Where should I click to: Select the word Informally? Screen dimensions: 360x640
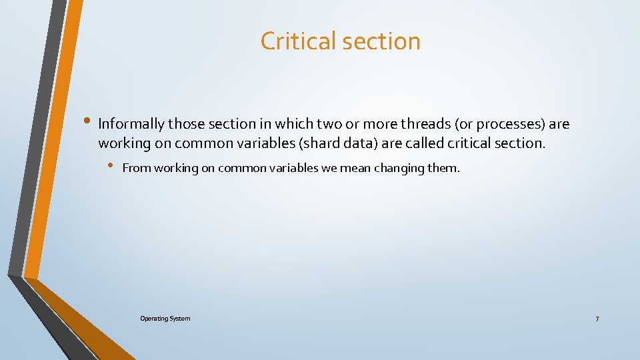131,124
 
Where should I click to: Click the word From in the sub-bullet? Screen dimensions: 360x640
137,168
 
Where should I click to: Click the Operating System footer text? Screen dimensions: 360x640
165,319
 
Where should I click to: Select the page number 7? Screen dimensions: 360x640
597,319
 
